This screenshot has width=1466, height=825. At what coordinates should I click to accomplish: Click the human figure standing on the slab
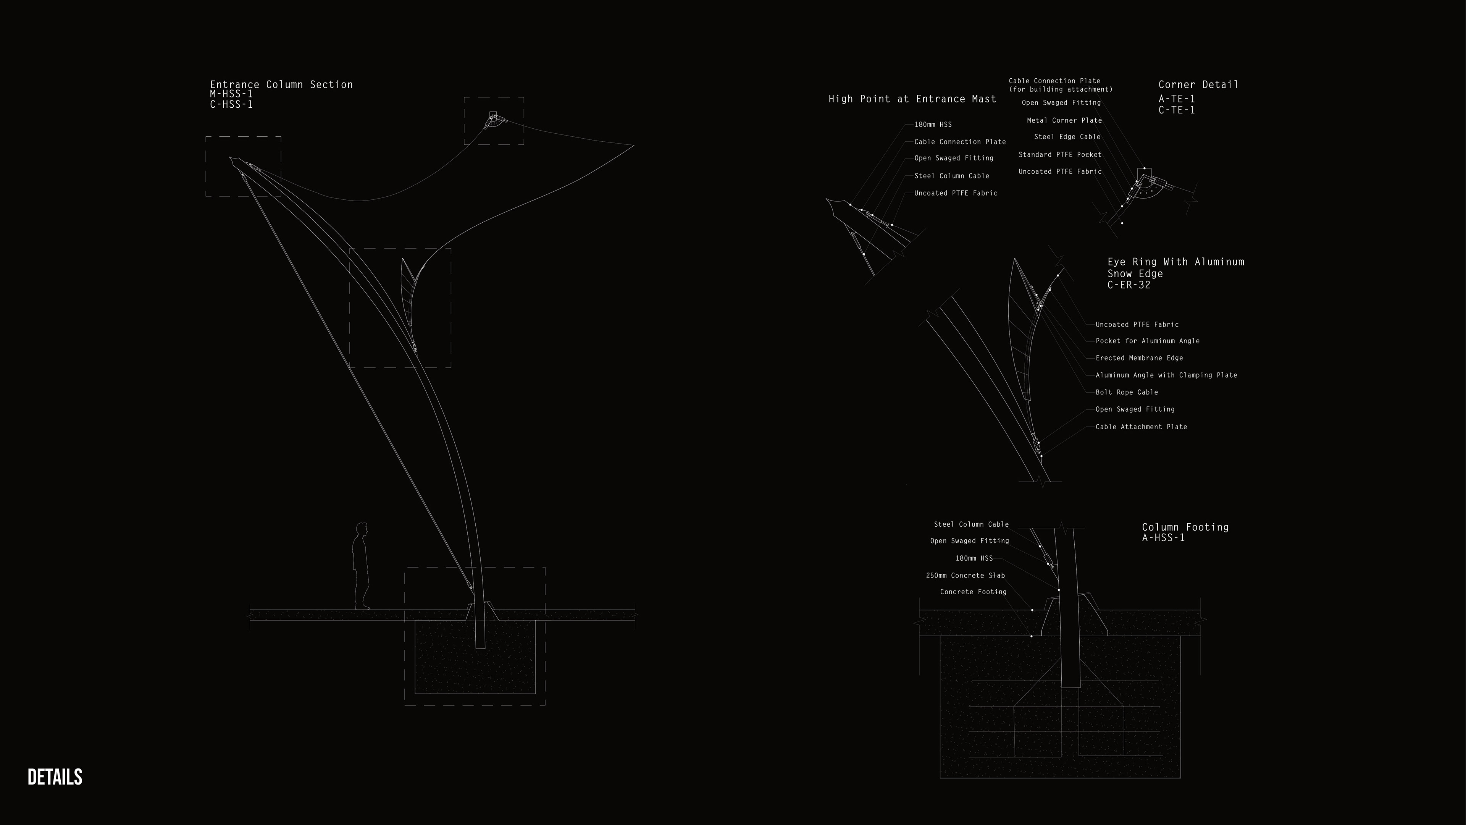[360, 566]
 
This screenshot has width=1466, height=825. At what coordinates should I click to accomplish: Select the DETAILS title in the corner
[55, 777]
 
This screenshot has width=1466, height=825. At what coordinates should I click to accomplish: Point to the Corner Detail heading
[1198, 84]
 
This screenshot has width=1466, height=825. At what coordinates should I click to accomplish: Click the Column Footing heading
[1185, 527]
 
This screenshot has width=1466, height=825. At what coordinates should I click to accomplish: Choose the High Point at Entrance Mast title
[912, 99]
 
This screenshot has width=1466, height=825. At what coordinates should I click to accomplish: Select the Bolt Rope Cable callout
[1127, 392]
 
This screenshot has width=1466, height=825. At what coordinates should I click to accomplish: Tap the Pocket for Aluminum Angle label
[1147, 341]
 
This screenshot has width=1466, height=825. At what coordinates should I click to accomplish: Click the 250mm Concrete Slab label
[965, 576]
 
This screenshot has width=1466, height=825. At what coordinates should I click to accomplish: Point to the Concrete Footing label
[973, 592]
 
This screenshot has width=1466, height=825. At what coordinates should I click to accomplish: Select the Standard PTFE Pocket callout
[1060, 155]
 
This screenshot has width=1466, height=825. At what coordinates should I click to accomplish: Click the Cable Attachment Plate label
[1141, 427]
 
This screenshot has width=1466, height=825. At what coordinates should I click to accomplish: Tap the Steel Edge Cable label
[1067, 137]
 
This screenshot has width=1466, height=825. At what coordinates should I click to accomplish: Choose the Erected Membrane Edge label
[1139, 358]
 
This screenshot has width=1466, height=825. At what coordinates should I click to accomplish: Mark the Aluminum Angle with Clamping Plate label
[1166, 375]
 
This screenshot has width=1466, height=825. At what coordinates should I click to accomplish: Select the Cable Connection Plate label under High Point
[960, 142]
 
